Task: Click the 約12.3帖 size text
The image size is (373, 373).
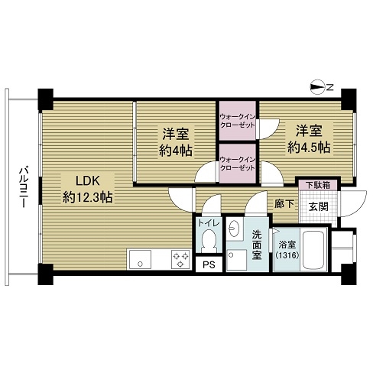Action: click(x=88, y=197)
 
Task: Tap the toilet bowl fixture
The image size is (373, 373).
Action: click(x=209, y=241)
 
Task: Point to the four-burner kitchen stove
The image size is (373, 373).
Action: click(x=181, y=259)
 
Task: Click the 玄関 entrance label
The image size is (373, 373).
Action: click(x=317, y=206)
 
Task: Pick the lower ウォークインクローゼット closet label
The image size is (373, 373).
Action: click(x=237, y=164)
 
